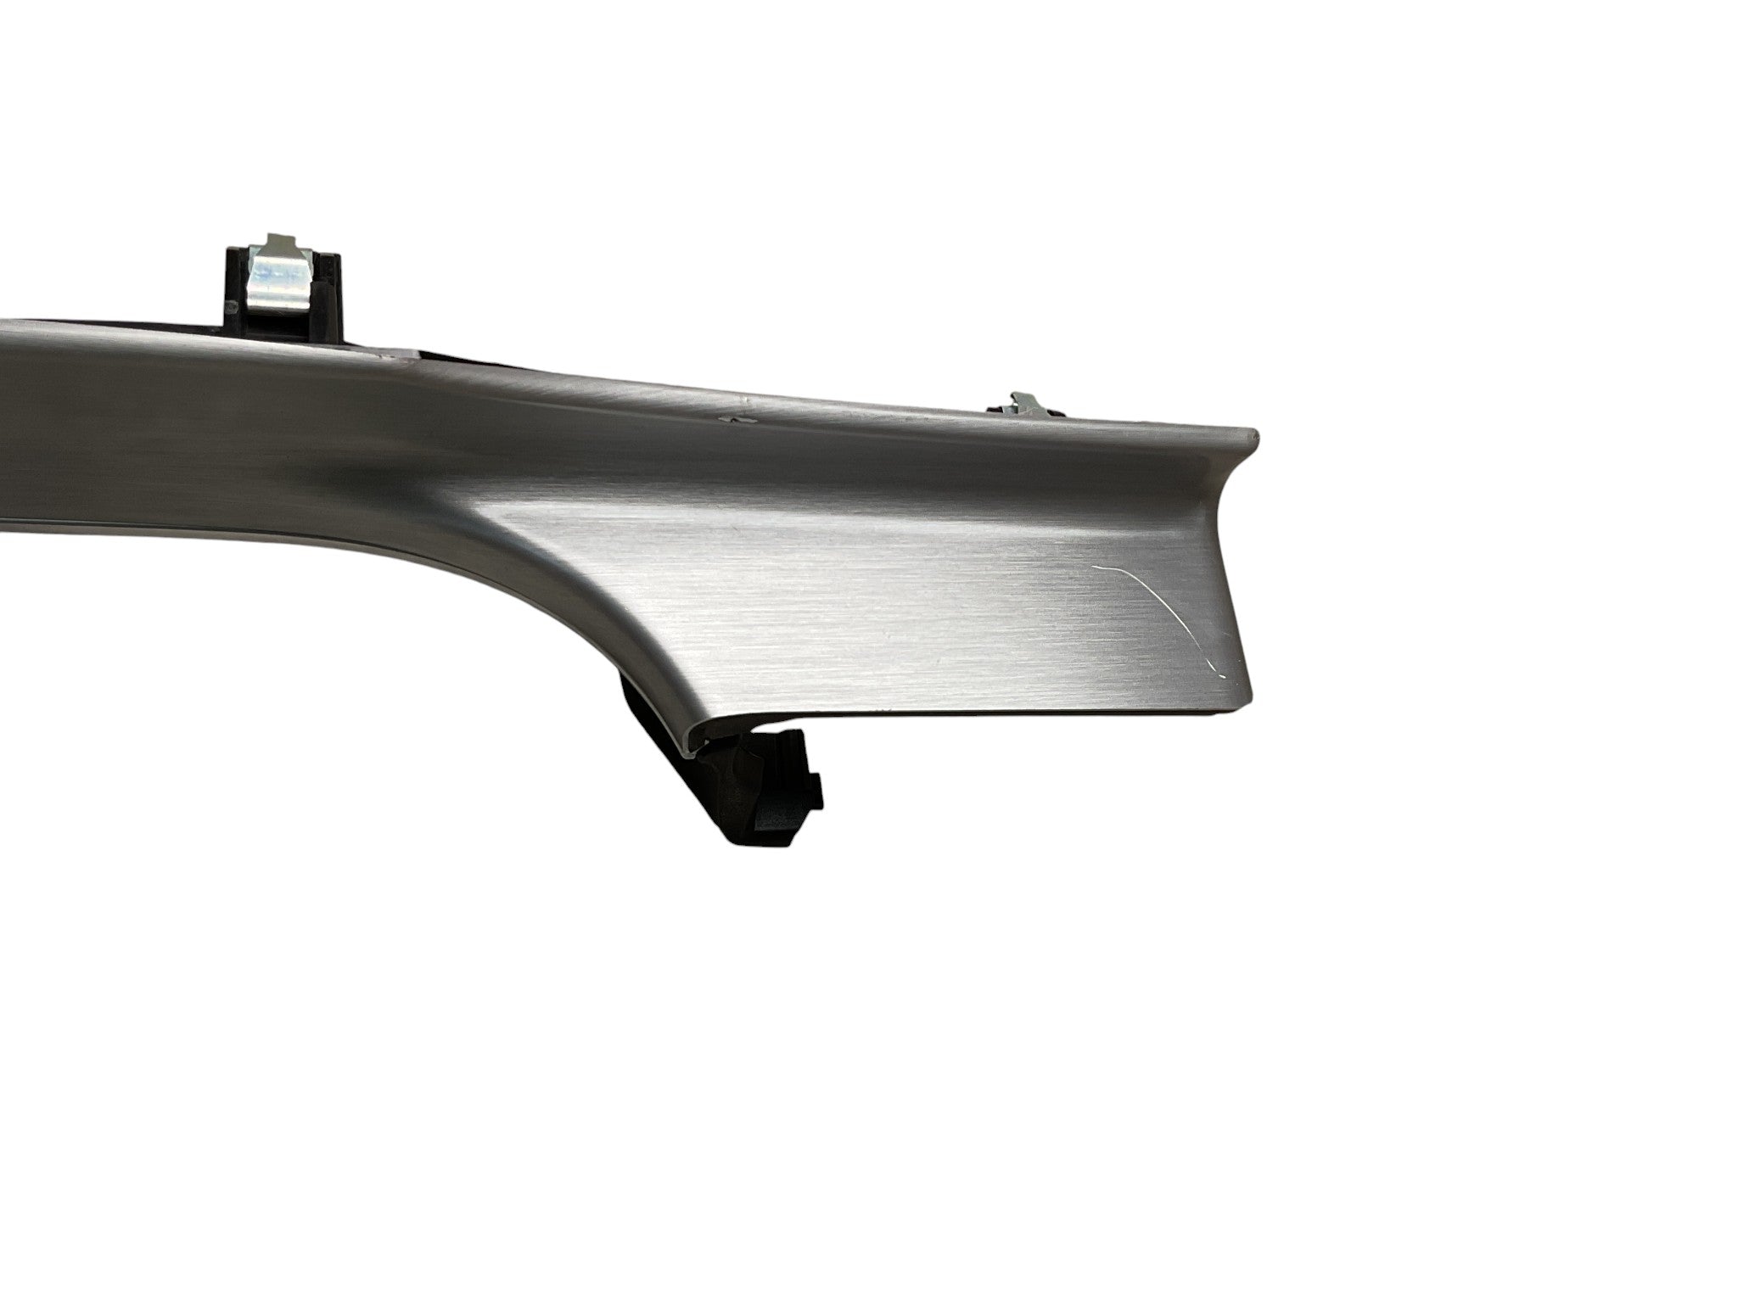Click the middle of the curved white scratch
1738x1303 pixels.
point(1163,594)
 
